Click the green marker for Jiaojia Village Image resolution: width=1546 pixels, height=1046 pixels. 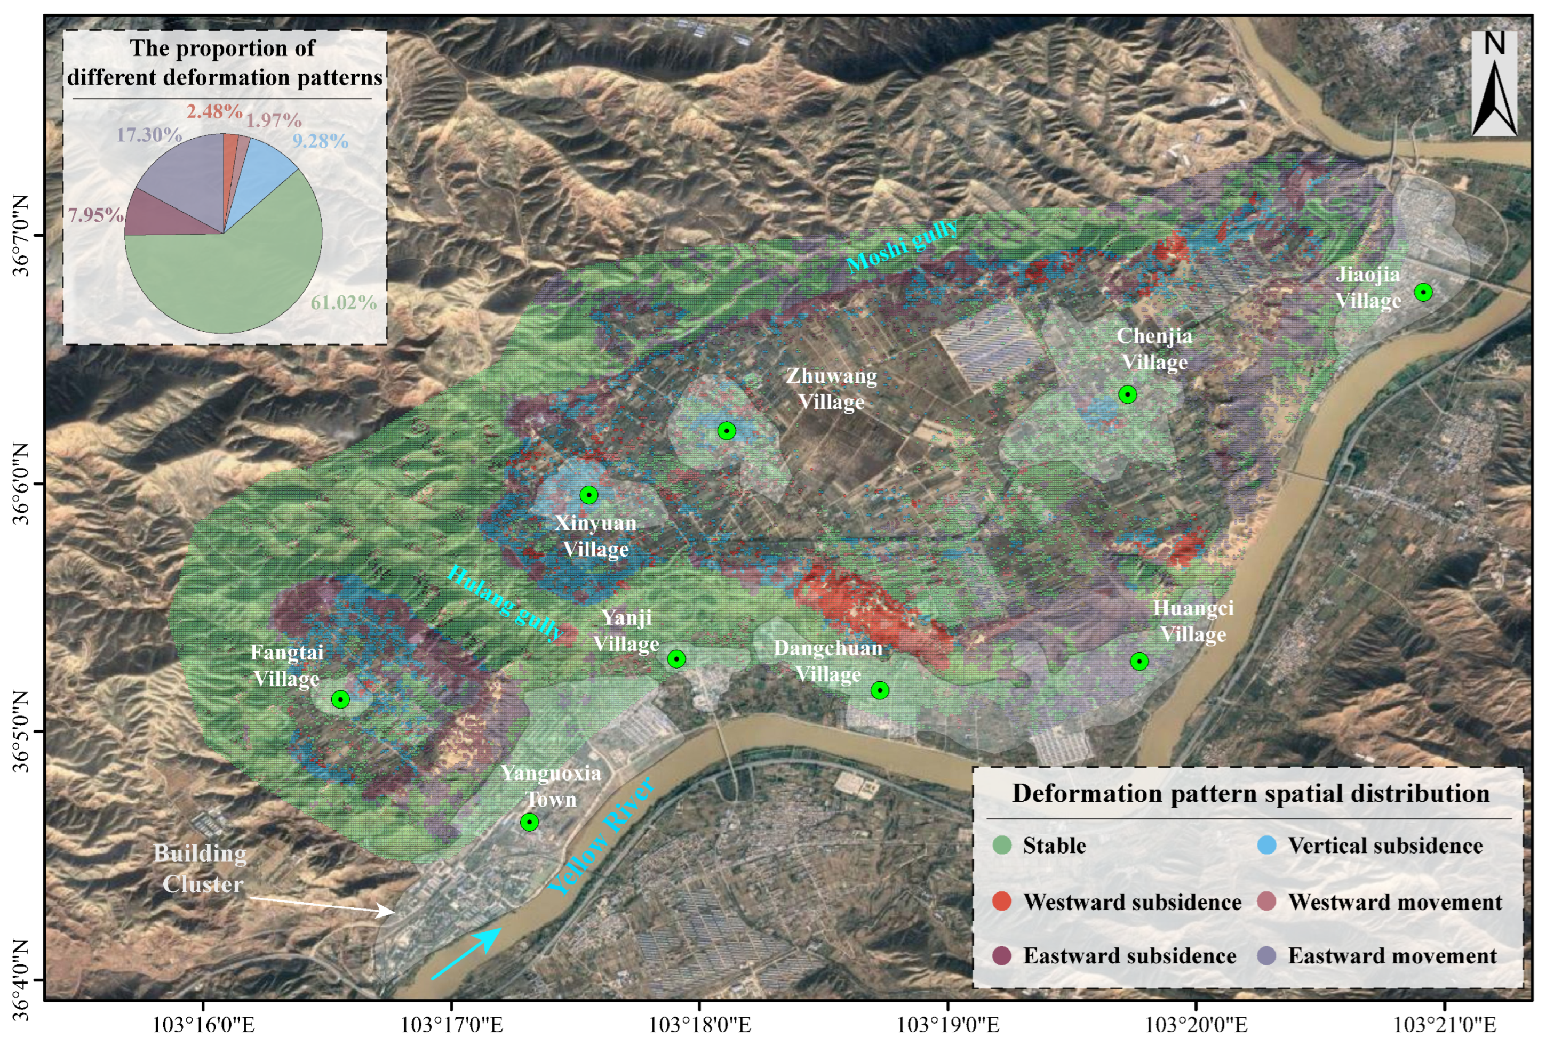tap(1423, 292)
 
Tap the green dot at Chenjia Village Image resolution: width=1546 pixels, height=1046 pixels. tap(1127, 395)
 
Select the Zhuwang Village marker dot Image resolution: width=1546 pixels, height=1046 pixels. tap(727, 431)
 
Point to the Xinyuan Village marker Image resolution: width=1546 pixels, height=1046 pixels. tap(589, 495)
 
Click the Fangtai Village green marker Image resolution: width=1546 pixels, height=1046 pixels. tap(340, 699)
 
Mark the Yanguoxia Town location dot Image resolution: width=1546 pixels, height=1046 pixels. tap(529, 822)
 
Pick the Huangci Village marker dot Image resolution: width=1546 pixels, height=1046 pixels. tap(1139, 661)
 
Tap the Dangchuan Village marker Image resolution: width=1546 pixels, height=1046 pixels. tap(880, 690)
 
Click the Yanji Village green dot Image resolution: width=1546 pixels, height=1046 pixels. tap(676, 659)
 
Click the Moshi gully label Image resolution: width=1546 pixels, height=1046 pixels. tap(902, 246)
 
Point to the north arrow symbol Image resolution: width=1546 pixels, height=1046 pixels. tap(1494, 83)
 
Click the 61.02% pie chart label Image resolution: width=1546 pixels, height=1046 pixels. tap(343, 303)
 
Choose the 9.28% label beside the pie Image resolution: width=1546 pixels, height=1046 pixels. tap(320, 141)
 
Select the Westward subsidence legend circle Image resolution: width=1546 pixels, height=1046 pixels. tap(1001, 901)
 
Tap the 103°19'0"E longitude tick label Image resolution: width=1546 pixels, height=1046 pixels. tap(947, 1025)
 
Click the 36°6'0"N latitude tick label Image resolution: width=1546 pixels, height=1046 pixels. tap(21, 484)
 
